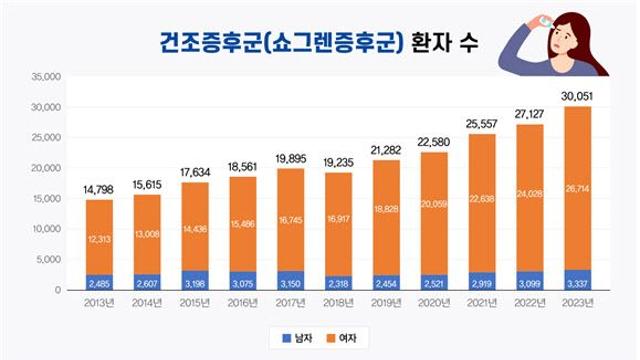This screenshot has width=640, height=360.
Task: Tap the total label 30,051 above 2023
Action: [x=577, y=95]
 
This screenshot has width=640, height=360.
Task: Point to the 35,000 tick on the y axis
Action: [x=46, y=76]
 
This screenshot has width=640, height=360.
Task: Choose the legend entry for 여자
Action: [x=346, y=339]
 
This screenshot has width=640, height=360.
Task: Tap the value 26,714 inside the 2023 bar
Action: [x=577, y=187]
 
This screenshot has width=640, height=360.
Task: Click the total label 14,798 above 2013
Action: [x=99, y=189]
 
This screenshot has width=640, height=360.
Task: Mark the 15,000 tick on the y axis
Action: [x=46, y=198]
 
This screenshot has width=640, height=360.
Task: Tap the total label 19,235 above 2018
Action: [x=338, y=162]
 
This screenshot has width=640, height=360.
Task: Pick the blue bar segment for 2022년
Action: [x=529, y=280]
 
